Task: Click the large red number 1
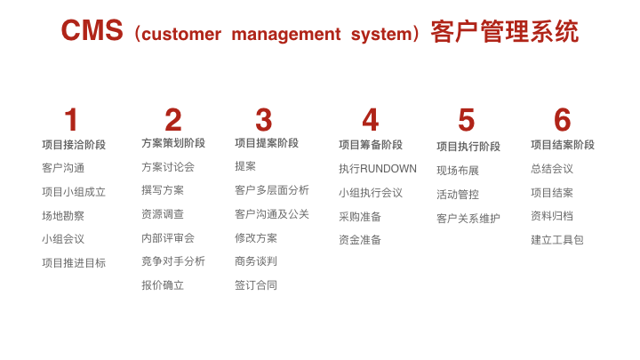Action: [71, 120]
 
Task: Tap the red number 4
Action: [371, 120]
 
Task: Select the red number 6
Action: [562, 120]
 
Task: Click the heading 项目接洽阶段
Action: [74, 145]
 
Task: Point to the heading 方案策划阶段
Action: [173, 143]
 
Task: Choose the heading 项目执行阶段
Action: [468, 147]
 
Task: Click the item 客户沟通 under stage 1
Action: [63, 168]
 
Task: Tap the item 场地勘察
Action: [63, 215]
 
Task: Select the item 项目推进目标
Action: [74, 263]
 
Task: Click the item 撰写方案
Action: [163, 190]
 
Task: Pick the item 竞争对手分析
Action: [173, 261]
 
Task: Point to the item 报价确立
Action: [163, 285]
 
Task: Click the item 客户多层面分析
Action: [272, 190]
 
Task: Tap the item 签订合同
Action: [256, 285]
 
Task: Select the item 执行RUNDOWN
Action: [378, 169]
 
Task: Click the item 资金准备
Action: [360, 240]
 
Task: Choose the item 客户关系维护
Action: [468, 219]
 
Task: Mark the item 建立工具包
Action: [557, 240]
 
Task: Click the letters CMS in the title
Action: [92, 30]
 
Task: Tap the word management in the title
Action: [286, 34]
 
